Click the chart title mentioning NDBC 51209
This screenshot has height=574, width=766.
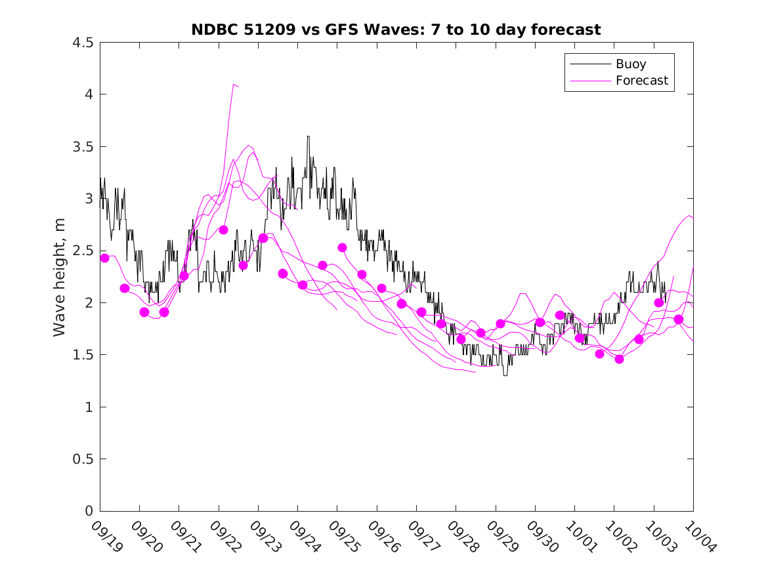(x=396, y=30)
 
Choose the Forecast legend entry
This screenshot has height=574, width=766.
(x=641, y=81)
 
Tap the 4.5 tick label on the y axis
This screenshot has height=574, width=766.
(x=82, y=43)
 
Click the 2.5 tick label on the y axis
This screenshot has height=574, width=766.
(x=82, y=251)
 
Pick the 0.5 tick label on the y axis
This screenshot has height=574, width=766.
(x=82, y=459)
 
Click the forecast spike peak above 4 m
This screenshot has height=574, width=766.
(x=234, y=85)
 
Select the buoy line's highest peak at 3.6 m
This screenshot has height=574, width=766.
(x=308, y=136)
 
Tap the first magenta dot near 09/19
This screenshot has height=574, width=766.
(x=104, y=258)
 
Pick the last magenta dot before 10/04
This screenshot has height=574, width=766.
(x=679, y=319)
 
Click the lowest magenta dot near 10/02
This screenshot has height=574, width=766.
(x=619, y=359)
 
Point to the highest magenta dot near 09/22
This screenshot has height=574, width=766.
(x=223, y=230)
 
